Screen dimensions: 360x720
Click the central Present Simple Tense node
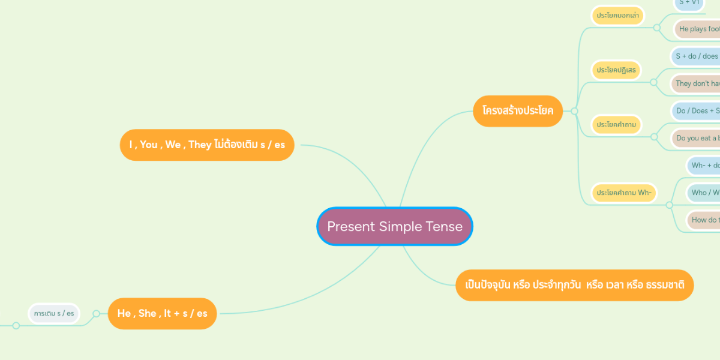[x=395, y=226]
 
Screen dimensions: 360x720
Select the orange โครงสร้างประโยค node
[x=517, y=110]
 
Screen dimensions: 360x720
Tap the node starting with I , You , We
[x=207, y=145]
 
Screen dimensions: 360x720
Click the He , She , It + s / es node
[x=162, y=313]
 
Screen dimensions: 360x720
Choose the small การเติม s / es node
[x=54, y=313]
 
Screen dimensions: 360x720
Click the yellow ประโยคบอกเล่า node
[x=618, y=15]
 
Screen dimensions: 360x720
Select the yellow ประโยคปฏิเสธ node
[x=616, y=70]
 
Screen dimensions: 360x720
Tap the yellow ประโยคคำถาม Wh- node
[x=623, y=193]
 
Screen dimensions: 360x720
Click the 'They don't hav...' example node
[x=697, y=83]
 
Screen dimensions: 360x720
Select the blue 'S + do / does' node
[x=697, y=56]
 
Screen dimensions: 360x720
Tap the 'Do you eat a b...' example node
[x=697, y=138]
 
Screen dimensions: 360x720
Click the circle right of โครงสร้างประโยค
[x=574, y=111]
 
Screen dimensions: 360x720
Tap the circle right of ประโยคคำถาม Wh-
[x=669, y=205]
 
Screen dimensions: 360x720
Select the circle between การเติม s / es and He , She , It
[x=96, y=313]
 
